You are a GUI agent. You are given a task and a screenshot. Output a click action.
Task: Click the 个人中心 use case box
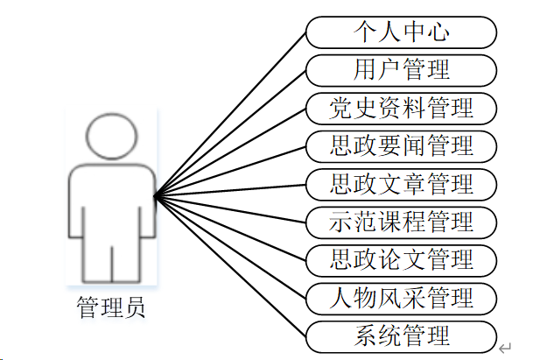tap(402, 32)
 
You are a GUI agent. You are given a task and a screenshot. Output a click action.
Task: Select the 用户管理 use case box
tap(402, 70)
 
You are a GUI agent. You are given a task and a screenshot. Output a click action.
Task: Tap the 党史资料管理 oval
tap(402, 108)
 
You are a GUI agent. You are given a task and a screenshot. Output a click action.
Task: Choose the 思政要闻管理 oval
tap(402, 145)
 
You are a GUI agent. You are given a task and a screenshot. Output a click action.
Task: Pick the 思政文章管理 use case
tap(402, 183)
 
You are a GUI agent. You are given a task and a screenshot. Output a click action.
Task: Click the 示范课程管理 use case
tap(402, 222)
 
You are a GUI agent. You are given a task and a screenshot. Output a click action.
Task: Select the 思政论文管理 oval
tap(402, 259)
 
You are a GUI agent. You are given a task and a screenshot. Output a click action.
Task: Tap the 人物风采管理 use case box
tap(402, 297)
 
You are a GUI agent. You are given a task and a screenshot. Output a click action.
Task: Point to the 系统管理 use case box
tap(402, 335)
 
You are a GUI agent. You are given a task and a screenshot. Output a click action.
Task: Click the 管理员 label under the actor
tap(111, 308)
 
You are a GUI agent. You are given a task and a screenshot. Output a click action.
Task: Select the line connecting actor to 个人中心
tap(230, 114)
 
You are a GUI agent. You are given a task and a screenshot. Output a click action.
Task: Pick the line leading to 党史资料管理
tap(230, 152)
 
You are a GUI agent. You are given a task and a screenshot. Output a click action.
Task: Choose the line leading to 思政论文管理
tap(230, 228)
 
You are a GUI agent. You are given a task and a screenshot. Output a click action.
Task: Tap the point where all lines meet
tap(155, 196)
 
